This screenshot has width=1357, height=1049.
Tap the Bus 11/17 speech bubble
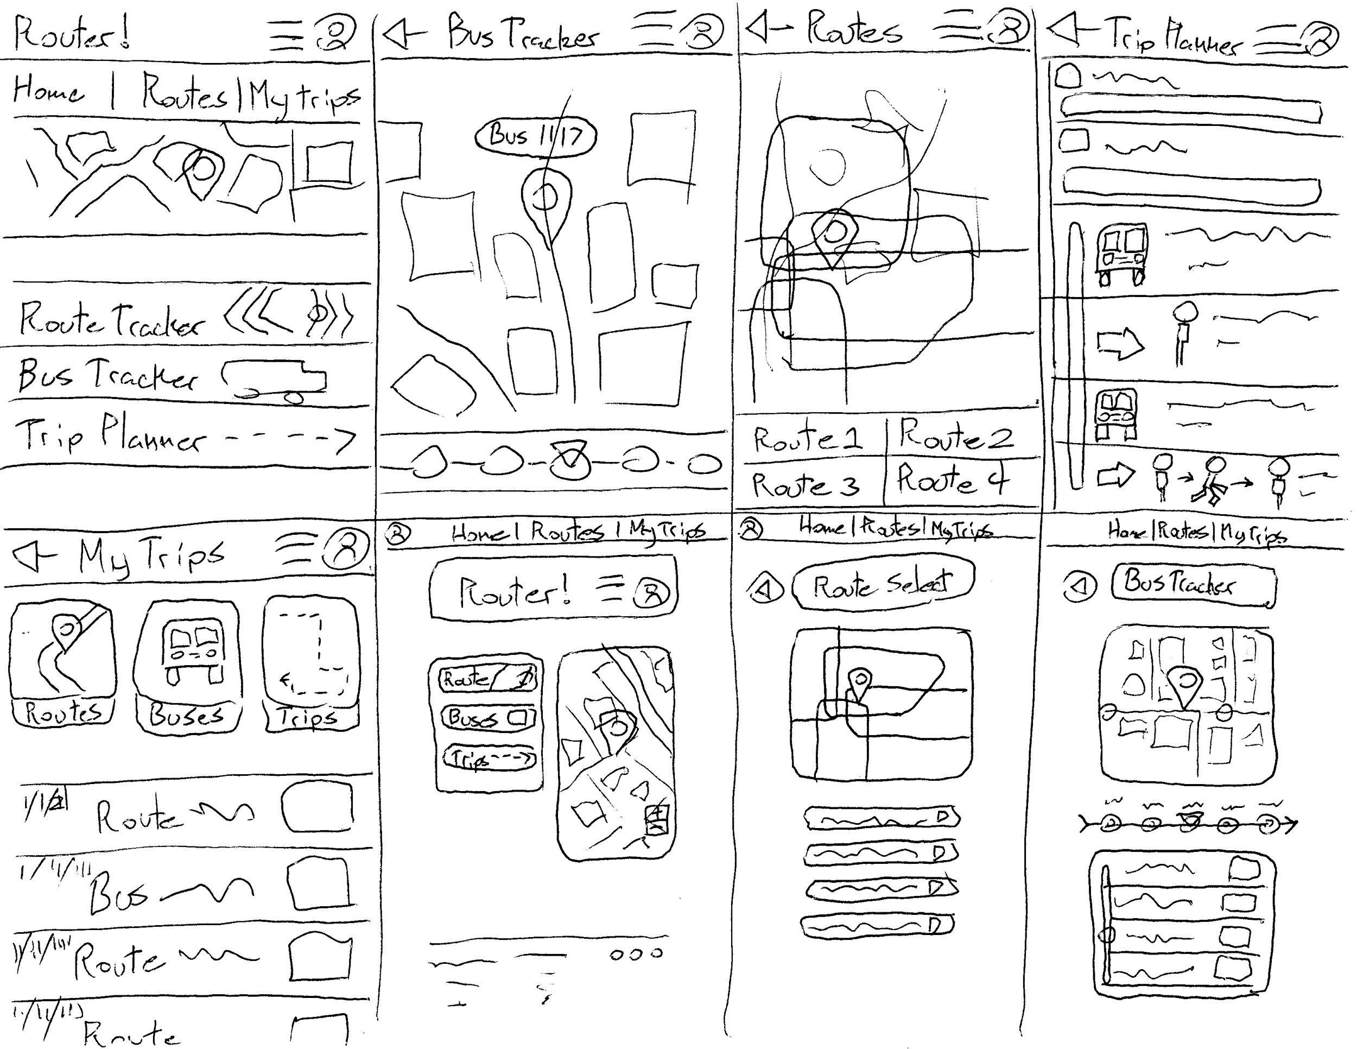pyautogui.click(x=535, y=136)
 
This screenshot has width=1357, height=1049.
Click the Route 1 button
pyautogui.click(x=808, y=439)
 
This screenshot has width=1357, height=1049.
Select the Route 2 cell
pyautogui.click(x=957, y=435)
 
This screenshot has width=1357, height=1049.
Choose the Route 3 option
pyautogui.click(x=806, y=485)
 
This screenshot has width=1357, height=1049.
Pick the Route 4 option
pyautogui.click(x=954, y=481)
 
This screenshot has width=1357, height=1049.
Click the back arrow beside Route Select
pyautogui.click(x=765, y=589)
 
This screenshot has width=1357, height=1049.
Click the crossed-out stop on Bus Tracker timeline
pyautogui.click(x=570, y=460)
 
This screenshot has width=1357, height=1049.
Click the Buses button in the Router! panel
pyautogui.click(x=488, y=718)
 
